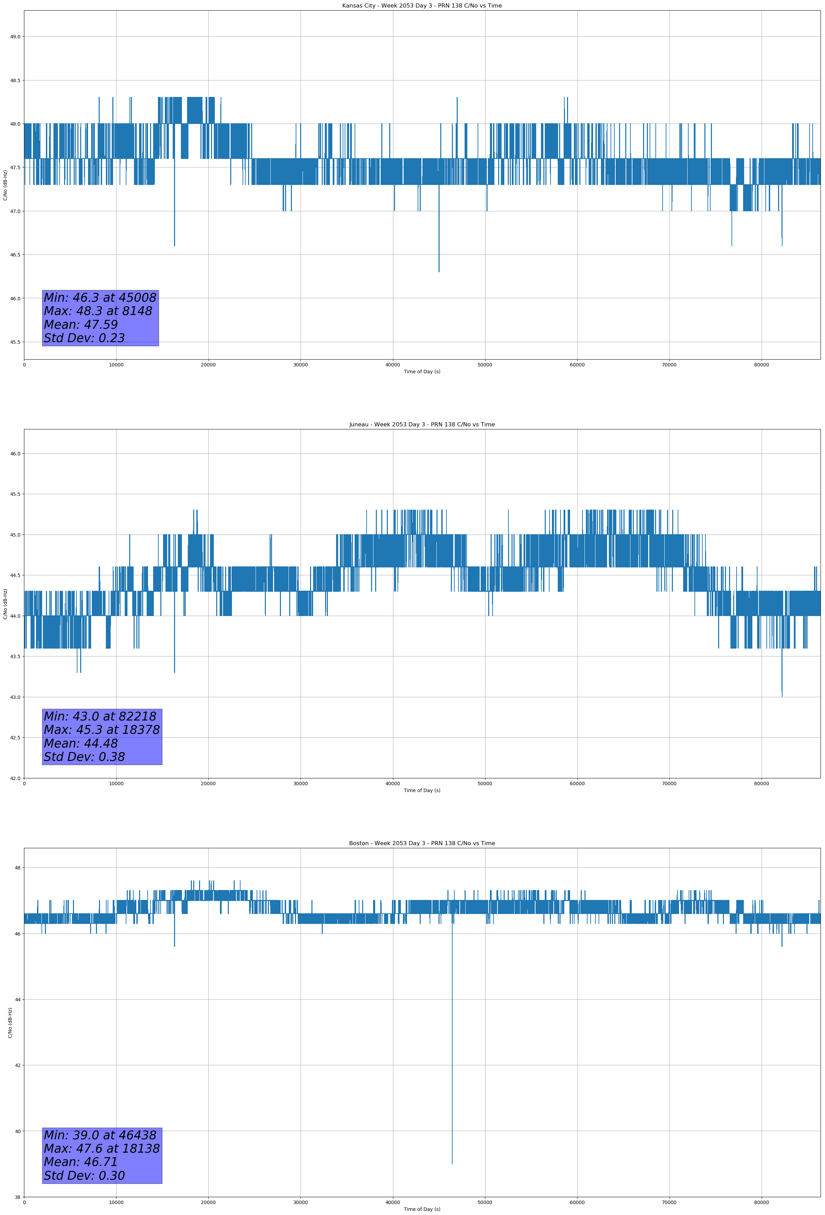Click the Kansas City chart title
[x=422, y=6]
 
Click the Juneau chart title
[x=422, y=425]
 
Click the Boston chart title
[x=422, y=843]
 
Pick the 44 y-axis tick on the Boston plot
[x=18, y=1000]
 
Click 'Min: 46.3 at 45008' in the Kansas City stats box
[x=100, y=298]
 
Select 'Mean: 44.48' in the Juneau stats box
[x=81, y=743]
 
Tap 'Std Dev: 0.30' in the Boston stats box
[x=84, y=1176]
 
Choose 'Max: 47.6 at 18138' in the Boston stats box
[x=101, y=1149]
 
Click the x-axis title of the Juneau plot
[x=422, y=790]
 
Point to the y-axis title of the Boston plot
[x=10, y=1023]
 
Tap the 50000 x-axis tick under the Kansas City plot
[x=485, y=365]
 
